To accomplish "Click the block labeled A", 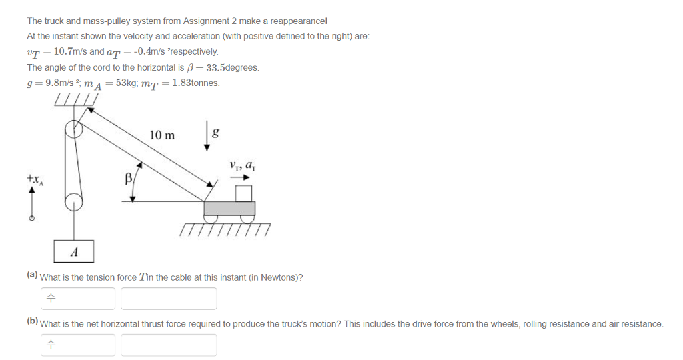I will click(x=74, y=251).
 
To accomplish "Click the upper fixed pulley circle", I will click(x=73, y=130).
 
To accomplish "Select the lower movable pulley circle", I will click(x=73, y=201).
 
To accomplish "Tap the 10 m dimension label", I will click(x=162, y=135).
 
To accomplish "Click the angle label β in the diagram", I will click(x=129, y=179).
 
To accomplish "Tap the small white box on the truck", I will click(x=245, y=193).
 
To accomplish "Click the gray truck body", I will click(x=229, y=208).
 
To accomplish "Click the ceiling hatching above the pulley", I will click(x=76, y=101).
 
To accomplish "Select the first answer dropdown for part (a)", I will click(x=78, y=299).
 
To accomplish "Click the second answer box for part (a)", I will click(x=169, y=299).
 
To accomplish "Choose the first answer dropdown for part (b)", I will click(x=78, y=345).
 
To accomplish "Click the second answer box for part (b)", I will click(x=169, y=345).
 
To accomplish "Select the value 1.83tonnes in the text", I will click(x=195, y=83).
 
